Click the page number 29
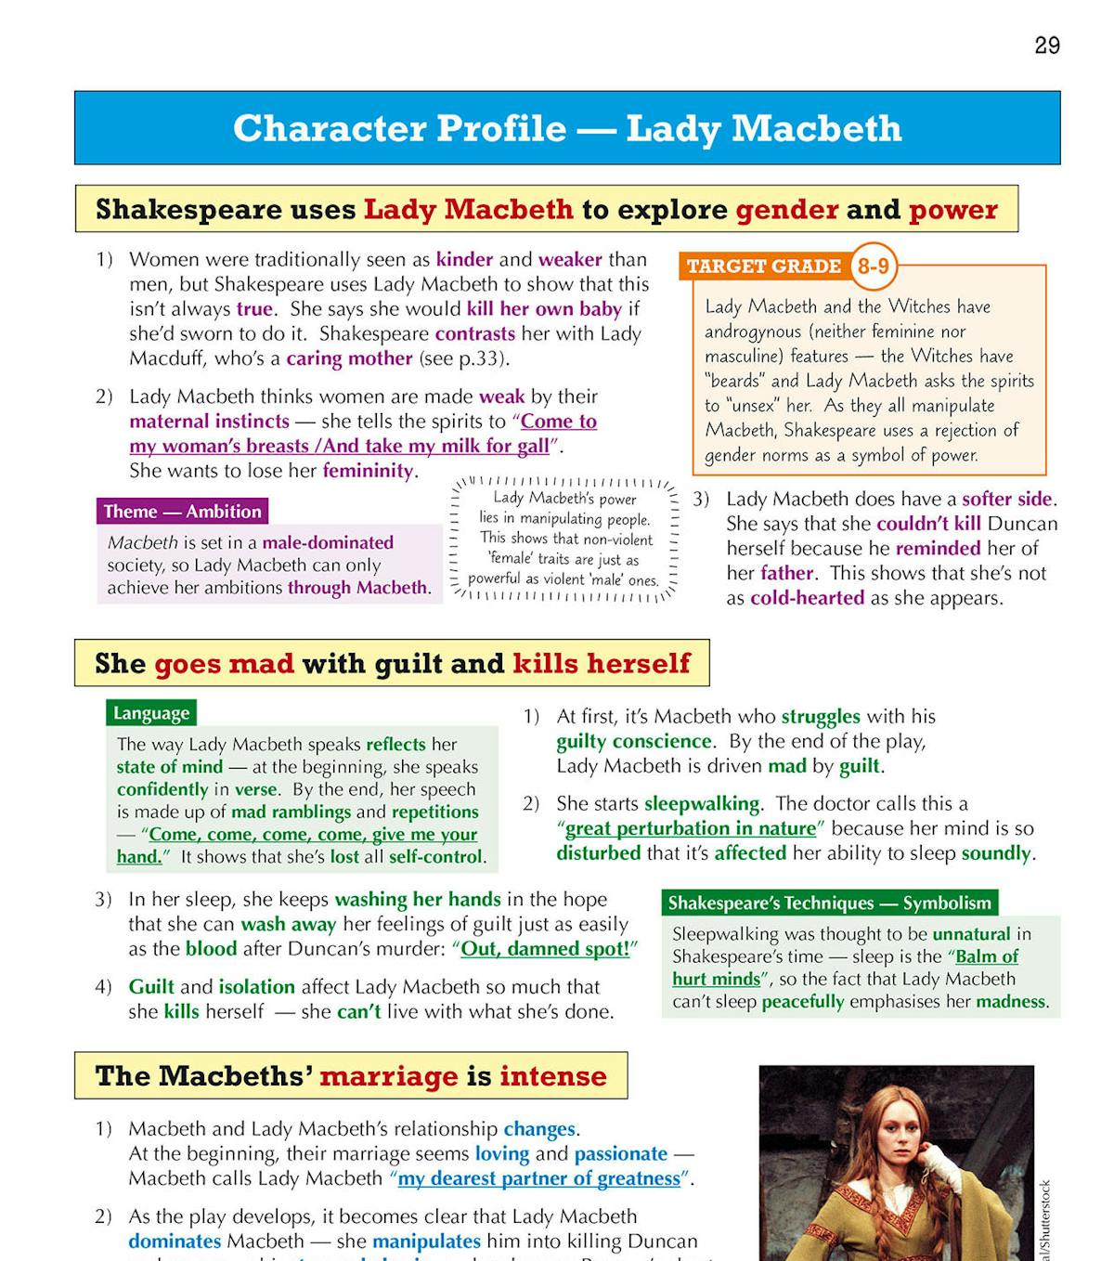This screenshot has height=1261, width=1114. point(1046,45)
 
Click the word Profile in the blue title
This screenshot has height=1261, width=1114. point(501,128)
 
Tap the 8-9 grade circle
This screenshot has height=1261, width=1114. point(873,266)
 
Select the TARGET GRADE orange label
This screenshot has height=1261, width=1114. point(763,266)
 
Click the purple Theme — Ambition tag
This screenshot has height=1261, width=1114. point(182,512)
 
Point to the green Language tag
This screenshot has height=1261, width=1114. point(151,713)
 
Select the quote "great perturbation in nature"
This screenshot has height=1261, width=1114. point(691,828)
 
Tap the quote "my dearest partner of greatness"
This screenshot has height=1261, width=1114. point(539,1178)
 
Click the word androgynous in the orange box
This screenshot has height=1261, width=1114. point(752,331)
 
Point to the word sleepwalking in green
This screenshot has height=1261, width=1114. point(702,803)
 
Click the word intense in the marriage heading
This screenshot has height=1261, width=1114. point(553,1076)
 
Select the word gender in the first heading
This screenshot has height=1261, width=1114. point(787,210)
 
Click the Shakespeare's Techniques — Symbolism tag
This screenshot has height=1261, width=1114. point(830,903)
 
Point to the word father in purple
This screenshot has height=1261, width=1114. point(786,573)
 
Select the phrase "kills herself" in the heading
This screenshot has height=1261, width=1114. point(602,664)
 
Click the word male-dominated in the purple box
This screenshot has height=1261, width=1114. point(328,542)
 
